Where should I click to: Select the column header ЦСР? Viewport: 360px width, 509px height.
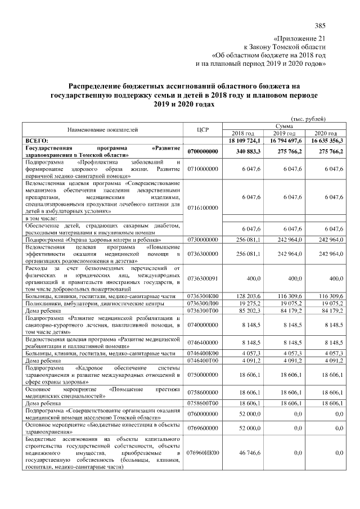(x=203, y=129)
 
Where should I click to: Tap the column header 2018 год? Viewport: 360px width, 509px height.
(x=243, y=133)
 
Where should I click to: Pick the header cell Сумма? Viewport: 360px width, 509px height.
(x=283, y=126)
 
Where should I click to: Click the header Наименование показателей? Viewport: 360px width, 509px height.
(x=103, y=129)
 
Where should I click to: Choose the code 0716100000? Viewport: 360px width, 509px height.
(x=203, y=208)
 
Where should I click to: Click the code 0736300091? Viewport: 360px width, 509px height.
(x=203, y=278)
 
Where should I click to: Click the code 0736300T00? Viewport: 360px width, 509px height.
(x=203, y=310)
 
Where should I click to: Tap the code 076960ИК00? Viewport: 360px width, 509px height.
(x=203, y=452)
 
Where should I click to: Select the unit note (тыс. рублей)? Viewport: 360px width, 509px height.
(x=308, y=118)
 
